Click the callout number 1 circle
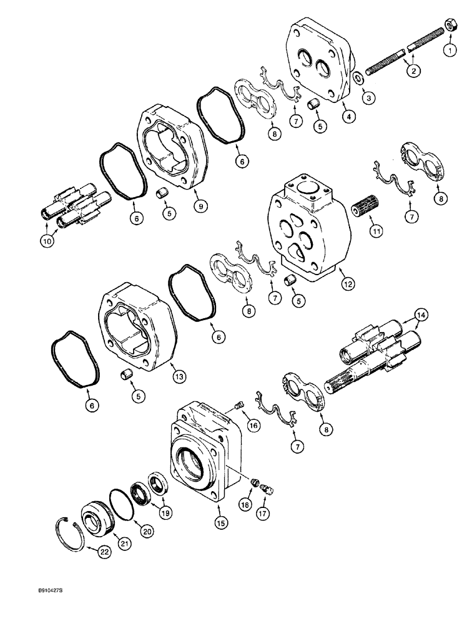click(448, 49)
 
